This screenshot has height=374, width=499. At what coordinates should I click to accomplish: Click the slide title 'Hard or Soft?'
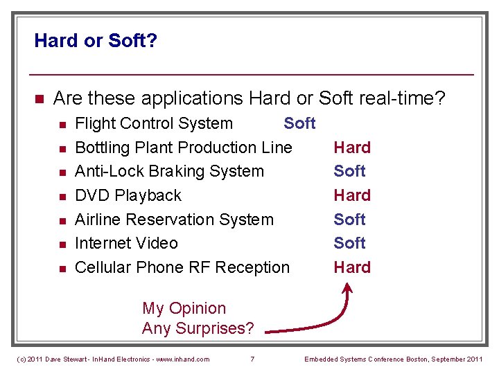pos(96,41)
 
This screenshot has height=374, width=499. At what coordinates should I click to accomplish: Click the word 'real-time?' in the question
pos(402,98)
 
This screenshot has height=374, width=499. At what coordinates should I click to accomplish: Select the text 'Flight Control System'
pos(153,124)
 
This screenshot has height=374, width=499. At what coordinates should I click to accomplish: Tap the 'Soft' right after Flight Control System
pos(299,124)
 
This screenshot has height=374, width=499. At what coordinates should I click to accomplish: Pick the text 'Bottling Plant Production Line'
pos(183,148)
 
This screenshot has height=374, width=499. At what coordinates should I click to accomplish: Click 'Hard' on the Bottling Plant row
pos(352,148)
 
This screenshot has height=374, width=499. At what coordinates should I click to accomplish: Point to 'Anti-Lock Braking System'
pos(169,171)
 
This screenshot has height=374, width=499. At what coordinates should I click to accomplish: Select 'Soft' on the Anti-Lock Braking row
pos(349,171)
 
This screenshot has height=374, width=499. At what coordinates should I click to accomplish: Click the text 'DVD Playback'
pos(128,195)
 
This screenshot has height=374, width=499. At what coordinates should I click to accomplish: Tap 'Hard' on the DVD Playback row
pos(352,195)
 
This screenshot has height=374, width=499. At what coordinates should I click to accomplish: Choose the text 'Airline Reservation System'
pos(174,220)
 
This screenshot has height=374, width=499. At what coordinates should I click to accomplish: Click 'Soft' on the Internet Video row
pos(349,243)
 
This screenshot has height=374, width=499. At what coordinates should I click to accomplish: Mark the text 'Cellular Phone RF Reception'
pos(182,267)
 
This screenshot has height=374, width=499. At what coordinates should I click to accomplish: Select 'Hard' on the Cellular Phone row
pos(352,267)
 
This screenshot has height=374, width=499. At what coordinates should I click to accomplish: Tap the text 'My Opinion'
pos(184,308)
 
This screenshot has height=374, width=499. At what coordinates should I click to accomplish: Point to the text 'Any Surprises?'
pos(198,328)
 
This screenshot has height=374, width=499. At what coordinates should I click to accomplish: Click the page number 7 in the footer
pos(252,359)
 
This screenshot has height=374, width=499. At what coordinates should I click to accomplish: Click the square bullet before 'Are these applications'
pos(39,99)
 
